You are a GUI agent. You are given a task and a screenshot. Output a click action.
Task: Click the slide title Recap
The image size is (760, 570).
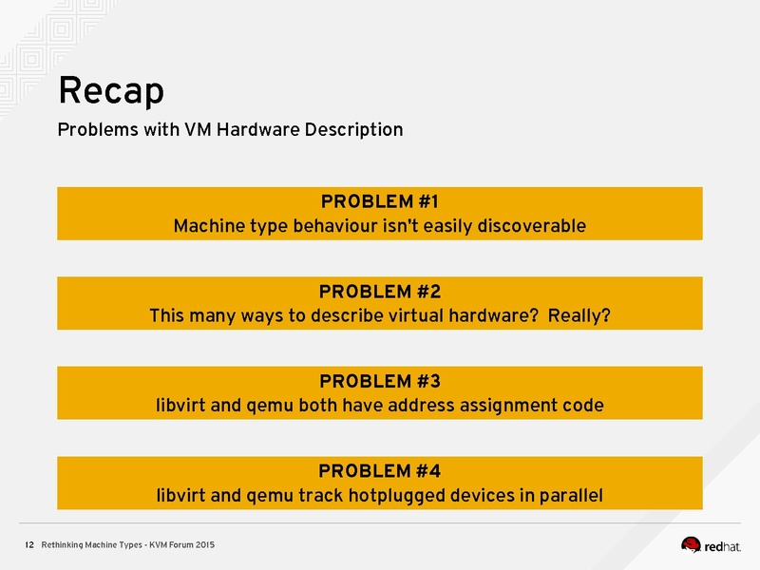pos(110,91)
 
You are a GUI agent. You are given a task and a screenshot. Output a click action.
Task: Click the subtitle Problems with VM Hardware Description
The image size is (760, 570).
pos(230,129)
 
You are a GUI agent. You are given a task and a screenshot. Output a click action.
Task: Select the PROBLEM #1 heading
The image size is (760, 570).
pos(379,201)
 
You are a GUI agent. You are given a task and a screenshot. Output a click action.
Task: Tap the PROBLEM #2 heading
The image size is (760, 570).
pos(379,291)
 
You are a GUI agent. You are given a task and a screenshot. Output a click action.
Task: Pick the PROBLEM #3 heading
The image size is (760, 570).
pos(379,381)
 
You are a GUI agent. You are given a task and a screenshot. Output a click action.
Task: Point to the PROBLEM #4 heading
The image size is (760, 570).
pos(379,470)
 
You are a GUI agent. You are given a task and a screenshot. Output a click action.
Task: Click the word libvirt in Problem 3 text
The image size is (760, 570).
pos(181,406)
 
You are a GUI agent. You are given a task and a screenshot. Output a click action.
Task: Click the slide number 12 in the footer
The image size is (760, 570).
pos(29,544)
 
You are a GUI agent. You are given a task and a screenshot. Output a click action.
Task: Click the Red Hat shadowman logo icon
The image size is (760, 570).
pos(692,544)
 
